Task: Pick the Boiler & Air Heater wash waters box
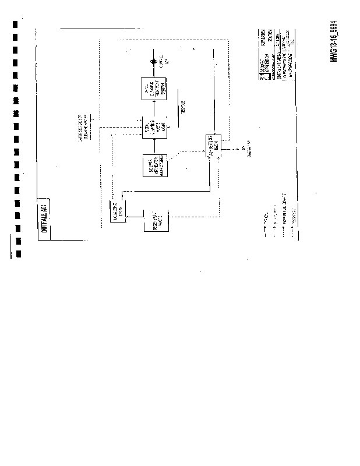154,166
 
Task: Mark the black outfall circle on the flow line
154,62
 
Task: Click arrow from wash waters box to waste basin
154,146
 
